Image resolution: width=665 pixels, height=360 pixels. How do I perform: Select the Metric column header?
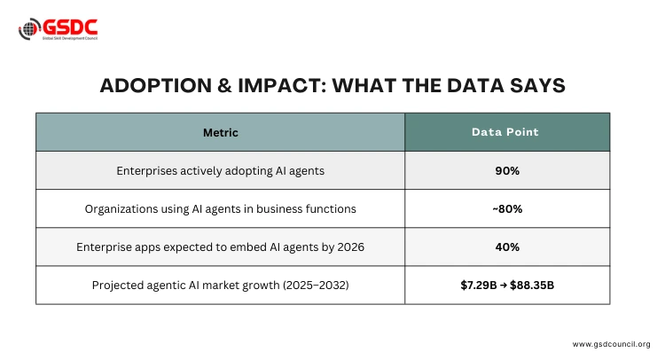pos(221,132)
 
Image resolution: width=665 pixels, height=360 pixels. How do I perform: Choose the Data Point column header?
pos(506,132)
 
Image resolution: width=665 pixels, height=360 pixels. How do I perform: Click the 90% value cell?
pos(507,170)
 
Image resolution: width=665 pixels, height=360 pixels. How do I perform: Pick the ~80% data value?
pos(507,209)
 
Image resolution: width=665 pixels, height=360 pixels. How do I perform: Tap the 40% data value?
pos(507,247)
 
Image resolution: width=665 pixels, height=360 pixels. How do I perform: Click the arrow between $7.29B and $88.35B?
pos(502,286)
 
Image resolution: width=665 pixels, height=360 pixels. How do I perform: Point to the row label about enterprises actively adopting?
pos(221,170)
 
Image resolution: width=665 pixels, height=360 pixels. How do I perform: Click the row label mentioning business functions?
pos(221,209)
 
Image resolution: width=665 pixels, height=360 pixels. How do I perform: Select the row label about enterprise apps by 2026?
pos(221,247)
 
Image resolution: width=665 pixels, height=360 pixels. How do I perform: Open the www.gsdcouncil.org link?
pos(611,344)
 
